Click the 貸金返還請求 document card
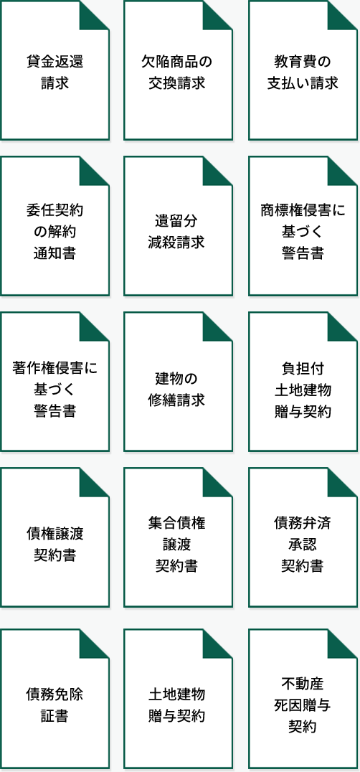point(55,70)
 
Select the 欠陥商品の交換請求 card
point(178,70)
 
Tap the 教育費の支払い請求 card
point(303,70)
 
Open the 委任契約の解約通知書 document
point(55,226)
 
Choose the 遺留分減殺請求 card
point(178,226)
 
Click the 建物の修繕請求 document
point(178,382)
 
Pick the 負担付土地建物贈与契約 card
point(303,382)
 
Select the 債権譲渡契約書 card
point(55,537)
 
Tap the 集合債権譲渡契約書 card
point(178,537)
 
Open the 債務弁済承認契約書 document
point(303,537)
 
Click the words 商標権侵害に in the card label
point(303,211)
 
